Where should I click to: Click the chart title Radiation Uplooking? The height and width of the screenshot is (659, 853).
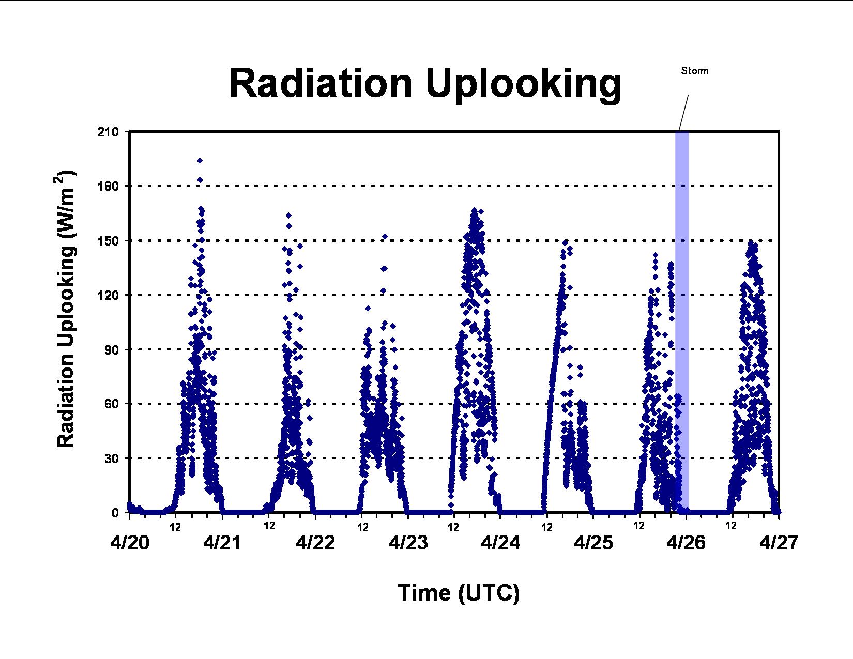coord(425,85)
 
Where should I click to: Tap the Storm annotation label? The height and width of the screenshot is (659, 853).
coord(694,71)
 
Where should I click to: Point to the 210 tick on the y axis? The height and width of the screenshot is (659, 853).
coord(108,132)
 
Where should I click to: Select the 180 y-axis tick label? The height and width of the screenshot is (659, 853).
coord(108,186)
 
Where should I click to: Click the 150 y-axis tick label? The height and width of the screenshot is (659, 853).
coord(108,241)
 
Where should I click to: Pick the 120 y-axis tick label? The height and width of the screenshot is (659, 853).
coord(108,295)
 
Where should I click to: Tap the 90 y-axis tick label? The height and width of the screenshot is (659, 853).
coord(111,350)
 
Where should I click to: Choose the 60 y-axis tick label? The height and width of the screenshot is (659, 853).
coord(111,404)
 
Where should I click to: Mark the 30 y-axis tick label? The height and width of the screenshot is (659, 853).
coord(111,458)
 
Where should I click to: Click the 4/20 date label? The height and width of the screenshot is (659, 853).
coord(130,543)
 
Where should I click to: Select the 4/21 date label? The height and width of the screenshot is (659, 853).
coord(222,543)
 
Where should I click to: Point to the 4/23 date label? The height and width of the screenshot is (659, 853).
coord(408,543)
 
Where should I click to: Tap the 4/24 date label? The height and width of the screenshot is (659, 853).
coord(500,543)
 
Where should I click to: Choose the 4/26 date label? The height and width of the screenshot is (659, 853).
coord(686,543)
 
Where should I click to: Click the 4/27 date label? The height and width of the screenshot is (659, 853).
coord(779,543)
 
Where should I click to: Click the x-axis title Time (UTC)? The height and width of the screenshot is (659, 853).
coord(459,593)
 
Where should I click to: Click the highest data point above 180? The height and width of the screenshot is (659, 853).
coord(200,161)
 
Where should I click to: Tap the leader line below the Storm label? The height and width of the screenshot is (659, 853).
coord(684,112)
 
